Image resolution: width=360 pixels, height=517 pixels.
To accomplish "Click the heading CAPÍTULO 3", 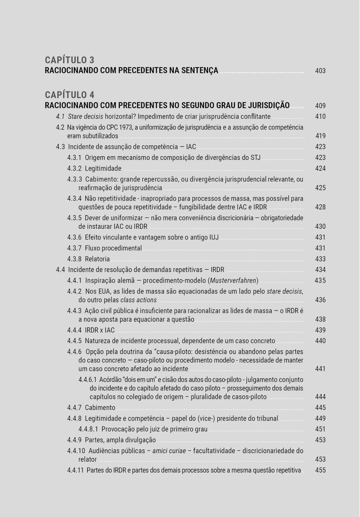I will [x=69, y=60].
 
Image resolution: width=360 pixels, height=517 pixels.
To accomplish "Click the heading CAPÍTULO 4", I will [x=69, y=95].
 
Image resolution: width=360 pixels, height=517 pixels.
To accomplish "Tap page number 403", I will [x=320, y=71].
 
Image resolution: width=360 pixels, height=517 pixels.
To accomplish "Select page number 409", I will [x=320, y=106].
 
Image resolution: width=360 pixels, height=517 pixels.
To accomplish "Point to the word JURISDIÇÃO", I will [x=266, y=106].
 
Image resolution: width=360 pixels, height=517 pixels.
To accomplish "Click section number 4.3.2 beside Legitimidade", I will [x=74, y=169].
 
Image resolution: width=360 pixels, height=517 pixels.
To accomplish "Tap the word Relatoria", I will [x=97, y=259].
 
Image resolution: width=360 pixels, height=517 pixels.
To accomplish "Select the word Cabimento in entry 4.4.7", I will [x=100, y=408].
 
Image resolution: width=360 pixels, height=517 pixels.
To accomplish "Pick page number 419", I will [x=320, y=136].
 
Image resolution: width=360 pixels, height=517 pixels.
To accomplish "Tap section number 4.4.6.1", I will [x=87, y=380].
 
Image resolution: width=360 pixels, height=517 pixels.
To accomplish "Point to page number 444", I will [x=320, y=397].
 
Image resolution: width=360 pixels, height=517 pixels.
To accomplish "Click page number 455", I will [x=320, y=470].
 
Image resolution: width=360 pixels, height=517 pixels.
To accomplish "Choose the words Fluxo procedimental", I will [x=113, y=248].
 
